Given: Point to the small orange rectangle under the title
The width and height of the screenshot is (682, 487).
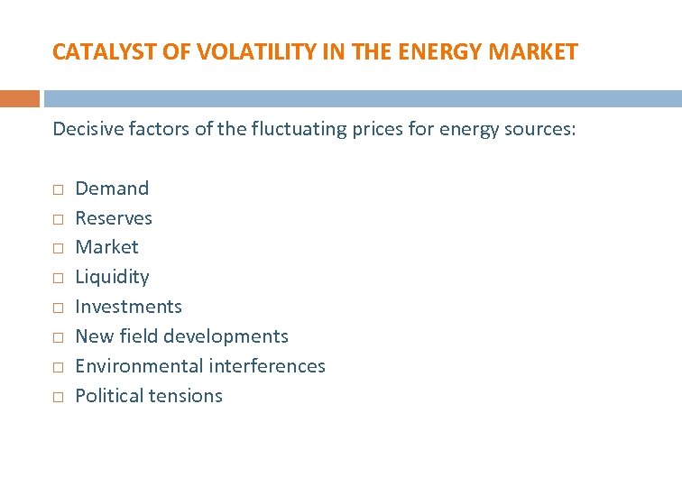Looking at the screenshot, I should tap(20, 98).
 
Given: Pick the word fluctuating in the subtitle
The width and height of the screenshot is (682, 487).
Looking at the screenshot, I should tap(274, 129).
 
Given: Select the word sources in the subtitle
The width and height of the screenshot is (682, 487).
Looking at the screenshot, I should tap(536, 129).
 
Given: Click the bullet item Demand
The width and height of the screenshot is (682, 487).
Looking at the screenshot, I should tap(112, 188).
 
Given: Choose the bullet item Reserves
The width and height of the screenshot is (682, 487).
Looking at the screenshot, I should tap(114, 218).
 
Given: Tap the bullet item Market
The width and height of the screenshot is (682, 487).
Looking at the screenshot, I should tap(106, 247).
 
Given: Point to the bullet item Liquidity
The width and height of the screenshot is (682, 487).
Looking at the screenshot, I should tap(112, 277).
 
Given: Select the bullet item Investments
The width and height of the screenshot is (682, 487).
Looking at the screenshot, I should tap(128, 307).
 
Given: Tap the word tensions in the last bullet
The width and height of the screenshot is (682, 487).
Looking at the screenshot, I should tap(188, 396).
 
